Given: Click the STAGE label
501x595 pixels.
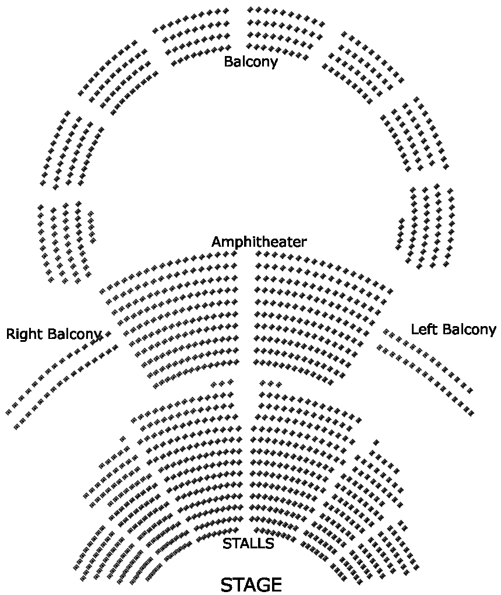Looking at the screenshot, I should [x=251, y=585].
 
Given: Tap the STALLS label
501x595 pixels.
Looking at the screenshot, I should [x=248, y=544].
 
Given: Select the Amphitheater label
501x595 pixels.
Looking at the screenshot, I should [x=259, y=242].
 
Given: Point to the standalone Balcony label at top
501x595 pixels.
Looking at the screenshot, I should [x=250, y=61].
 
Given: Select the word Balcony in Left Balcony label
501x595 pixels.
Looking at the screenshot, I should [x=467, y=329].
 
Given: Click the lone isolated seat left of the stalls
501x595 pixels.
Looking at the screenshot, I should [x=122, y=439].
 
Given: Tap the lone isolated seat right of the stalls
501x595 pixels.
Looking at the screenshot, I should [x=376, y=443].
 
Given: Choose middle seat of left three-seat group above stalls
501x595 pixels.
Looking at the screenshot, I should [x=222, y=383].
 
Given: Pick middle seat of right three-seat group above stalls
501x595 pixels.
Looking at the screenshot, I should [x=271, y=383].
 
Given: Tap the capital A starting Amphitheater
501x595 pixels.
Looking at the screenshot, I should [x=217, y=242].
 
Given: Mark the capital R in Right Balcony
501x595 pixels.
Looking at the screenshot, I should [x=10, y=334].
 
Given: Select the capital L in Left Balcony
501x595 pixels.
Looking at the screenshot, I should [x=414, y=329].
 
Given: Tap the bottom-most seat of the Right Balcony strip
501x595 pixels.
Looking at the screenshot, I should [x=16, y=428].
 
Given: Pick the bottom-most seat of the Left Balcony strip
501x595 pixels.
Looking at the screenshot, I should [x=471, y=413].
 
